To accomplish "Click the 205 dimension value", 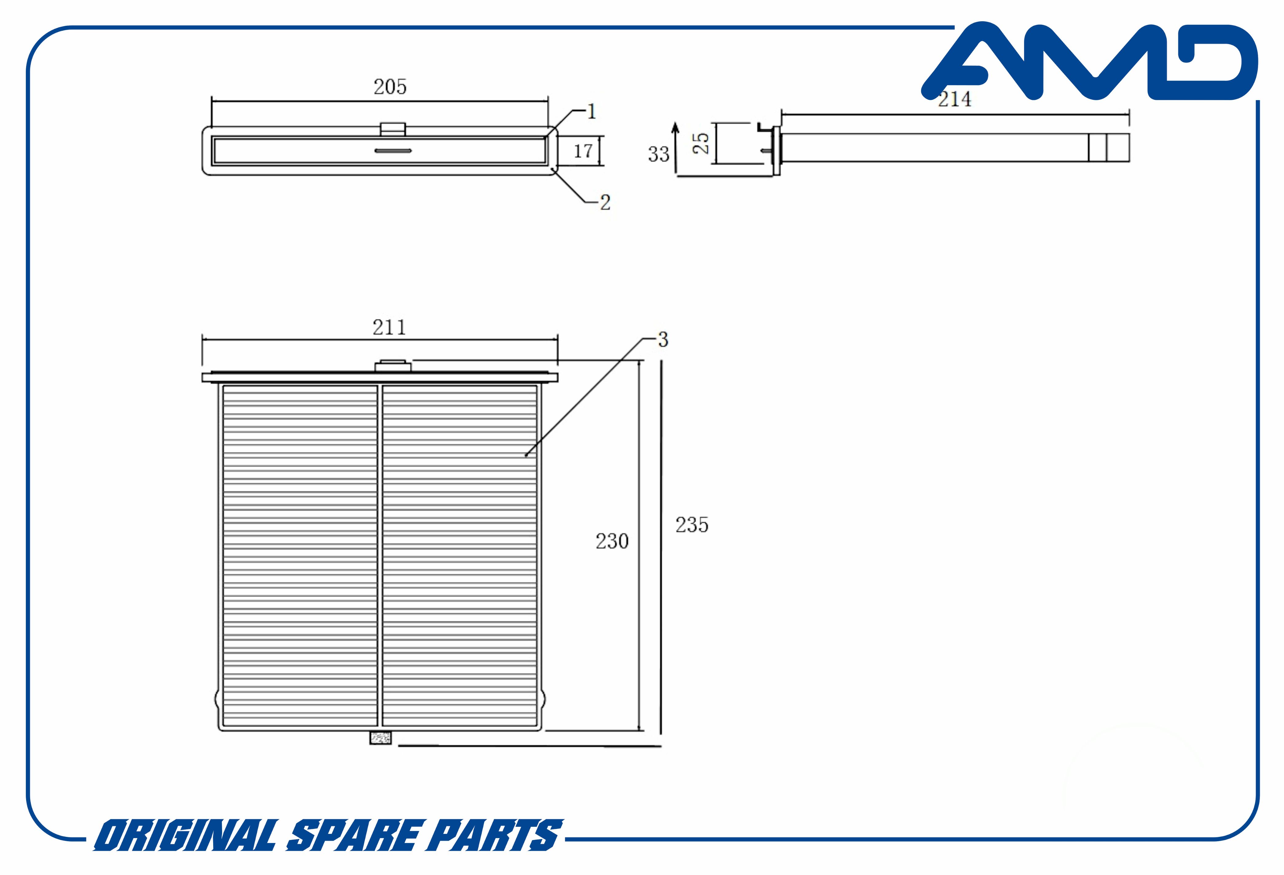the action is click(390, 87).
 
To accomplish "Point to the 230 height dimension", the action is click(612, 541).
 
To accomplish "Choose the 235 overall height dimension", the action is click(692, 524).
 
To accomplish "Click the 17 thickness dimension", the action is click(583, 151).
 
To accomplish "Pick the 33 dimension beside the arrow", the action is click(659, 154).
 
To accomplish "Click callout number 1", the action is click(592, 112).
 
